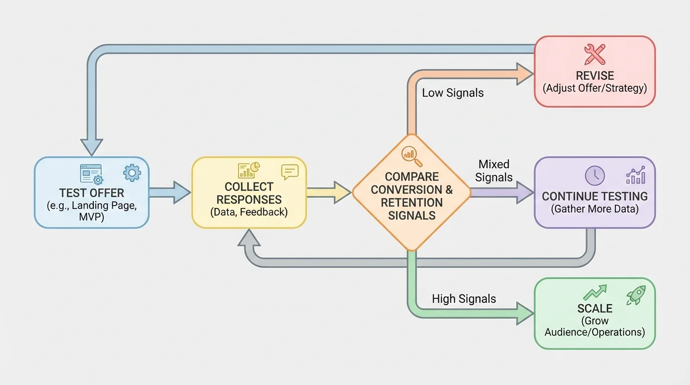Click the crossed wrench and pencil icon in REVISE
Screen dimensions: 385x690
point(595,54)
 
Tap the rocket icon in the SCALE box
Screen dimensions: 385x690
point(635,295)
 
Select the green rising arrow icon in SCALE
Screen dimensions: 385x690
point(595,293)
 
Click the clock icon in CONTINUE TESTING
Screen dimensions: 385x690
point(595,176)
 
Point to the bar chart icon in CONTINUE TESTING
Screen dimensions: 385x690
point(635,176)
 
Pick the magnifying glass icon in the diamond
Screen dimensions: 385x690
point(412,155)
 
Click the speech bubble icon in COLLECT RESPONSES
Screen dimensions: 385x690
point(290,172)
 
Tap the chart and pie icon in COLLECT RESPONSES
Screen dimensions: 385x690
point(249,170)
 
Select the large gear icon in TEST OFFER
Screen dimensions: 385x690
point(132,173)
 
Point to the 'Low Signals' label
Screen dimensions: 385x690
point(452,93)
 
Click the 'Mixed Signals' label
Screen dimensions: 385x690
point(494,170)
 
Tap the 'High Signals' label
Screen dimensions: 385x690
point(464,299)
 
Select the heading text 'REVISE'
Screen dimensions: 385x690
point(595,76)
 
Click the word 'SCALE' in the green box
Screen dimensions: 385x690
point(595,308)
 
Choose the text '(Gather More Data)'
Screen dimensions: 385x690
point(595,209)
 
